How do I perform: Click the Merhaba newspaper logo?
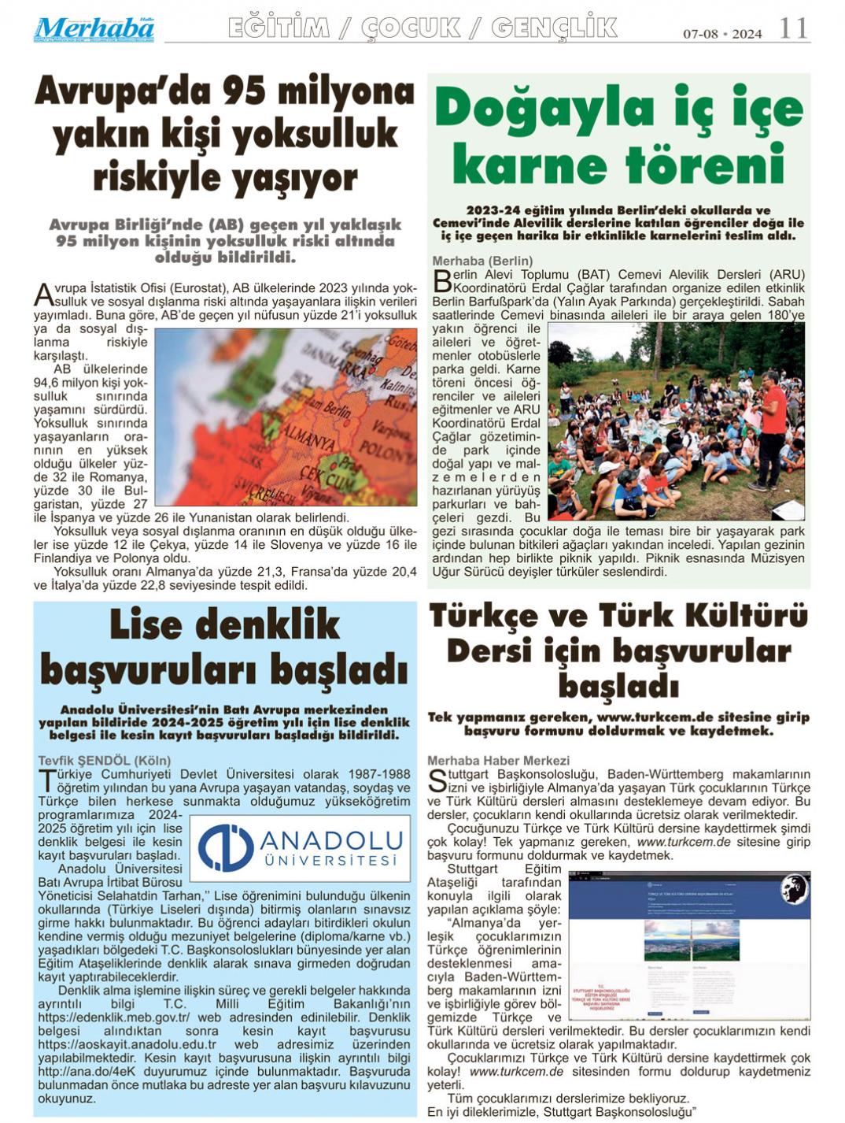93,29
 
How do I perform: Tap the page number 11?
793,29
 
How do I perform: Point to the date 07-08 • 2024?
722,34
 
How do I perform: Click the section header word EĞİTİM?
279,28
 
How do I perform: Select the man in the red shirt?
772,429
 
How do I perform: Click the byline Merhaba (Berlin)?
482,261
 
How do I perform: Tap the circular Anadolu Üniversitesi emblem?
225,847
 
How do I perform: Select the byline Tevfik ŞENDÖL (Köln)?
104,761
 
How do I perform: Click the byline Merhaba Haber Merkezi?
498,761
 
